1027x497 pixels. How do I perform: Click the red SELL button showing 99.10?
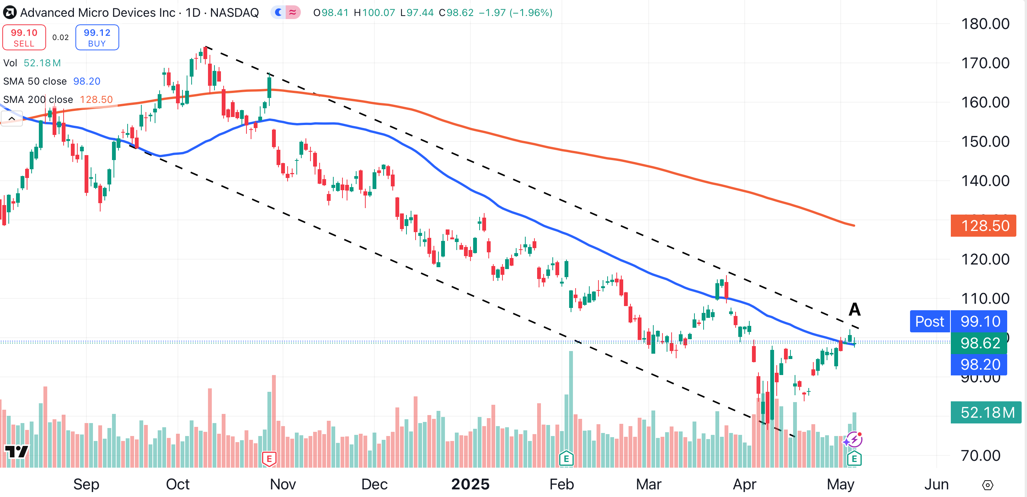24,37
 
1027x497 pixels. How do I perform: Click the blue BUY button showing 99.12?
97,37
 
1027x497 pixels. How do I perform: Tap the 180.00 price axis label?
985,24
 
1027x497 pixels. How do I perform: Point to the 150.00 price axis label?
985,142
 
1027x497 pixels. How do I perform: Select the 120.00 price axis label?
985,259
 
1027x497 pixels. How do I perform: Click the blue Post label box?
929,322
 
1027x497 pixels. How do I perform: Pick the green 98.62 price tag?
979,343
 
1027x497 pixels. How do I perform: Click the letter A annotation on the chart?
854,309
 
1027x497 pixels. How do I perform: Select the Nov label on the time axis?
283,484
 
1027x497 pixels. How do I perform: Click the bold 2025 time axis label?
470,484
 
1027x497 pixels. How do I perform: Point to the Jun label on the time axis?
936,484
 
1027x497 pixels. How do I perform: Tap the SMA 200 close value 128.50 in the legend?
96,99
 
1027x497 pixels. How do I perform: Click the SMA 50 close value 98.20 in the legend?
86,81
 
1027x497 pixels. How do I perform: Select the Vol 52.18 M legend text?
32,63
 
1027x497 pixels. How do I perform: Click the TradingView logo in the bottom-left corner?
16,452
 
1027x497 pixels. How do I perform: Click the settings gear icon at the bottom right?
987,485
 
